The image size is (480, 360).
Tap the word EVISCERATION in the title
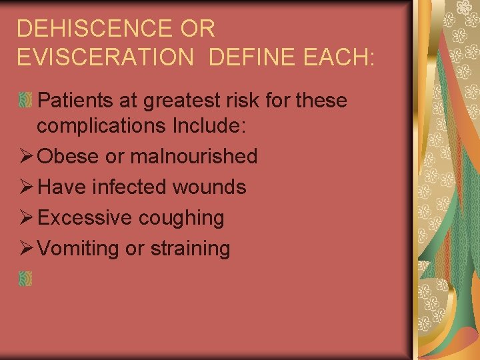point(104,57)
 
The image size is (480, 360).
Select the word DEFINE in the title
point(251,57)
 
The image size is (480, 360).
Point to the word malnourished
point(193,157)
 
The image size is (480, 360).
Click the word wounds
point(209,187)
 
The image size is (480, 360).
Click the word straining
point(190,249)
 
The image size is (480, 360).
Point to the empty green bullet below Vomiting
point(25,279)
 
